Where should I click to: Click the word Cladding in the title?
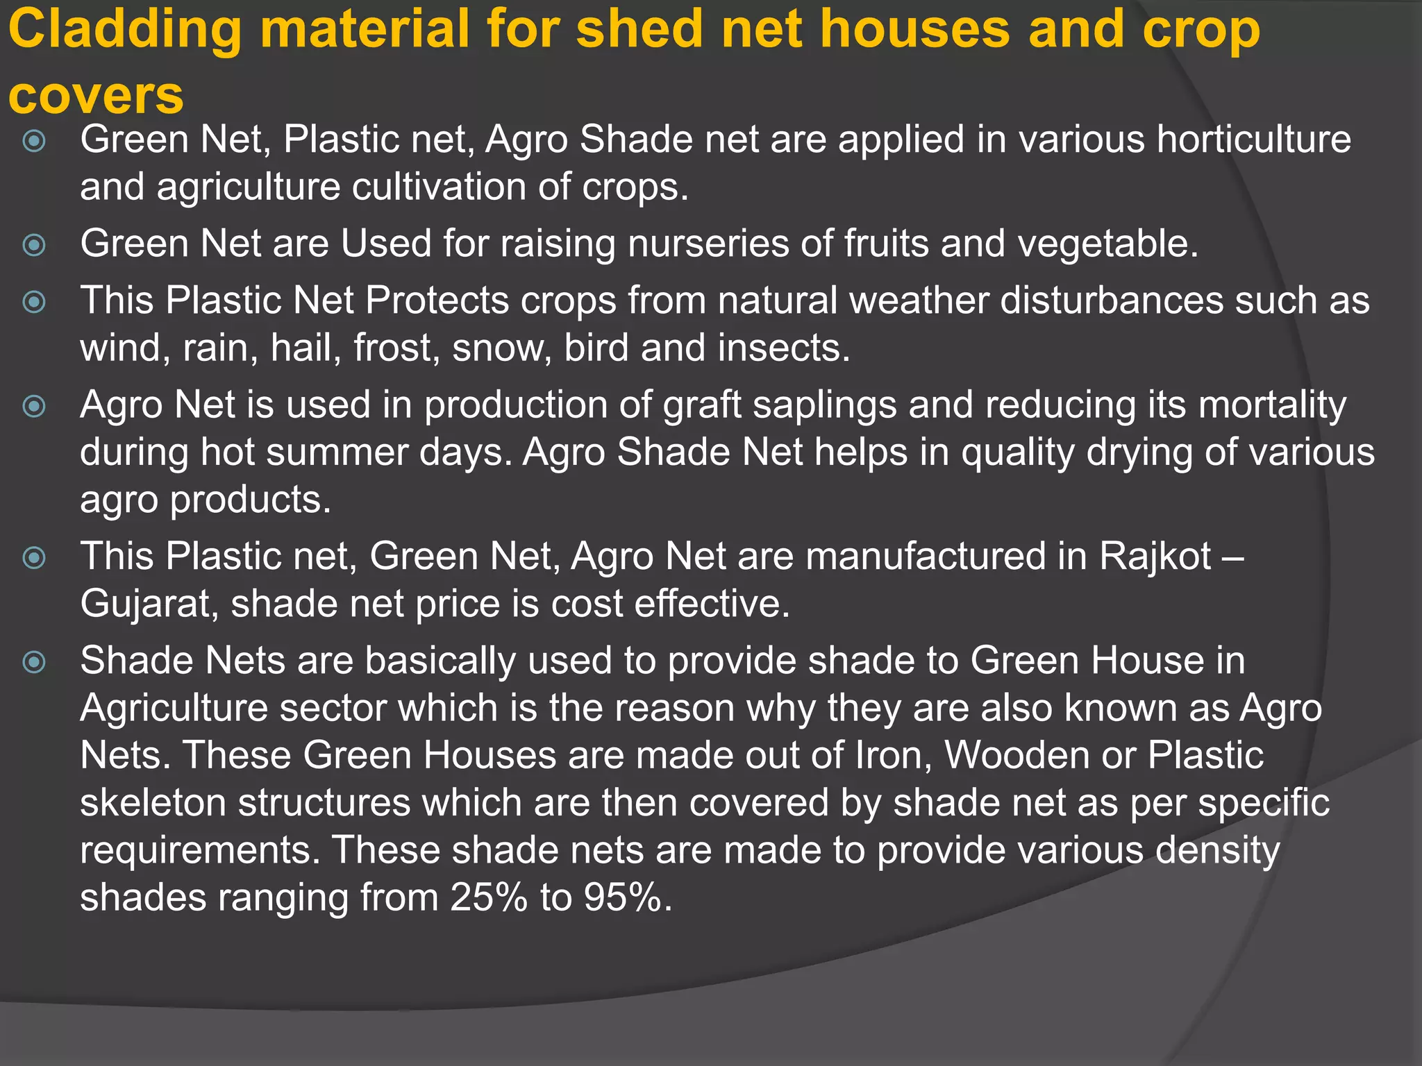[x=125, y=30]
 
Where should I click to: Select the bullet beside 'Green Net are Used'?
[x=34, y=245]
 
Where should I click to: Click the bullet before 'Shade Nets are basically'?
[x=34, y=661]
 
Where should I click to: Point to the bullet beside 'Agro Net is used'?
[x=34, y=406]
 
